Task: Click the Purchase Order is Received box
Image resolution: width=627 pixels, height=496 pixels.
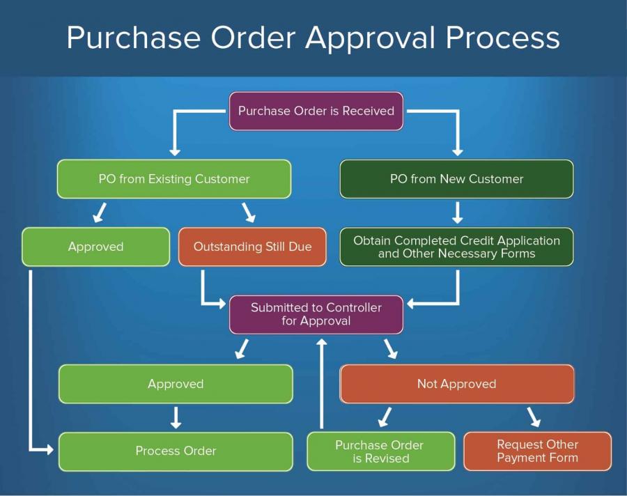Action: [x=316, y=111]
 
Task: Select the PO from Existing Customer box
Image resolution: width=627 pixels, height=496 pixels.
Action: [x=174, y=179]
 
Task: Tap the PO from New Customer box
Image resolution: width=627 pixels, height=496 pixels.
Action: [x=456, y=179]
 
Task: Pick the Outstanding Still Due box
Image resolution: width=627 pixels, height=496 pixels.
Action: [x=252, y=247]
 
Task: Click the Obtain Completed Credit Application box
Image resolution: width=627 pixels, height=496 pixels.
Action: [x=456, y=247]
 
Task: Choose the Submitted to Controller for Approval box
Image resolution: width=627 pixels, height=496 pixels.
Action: [x=316, y=314]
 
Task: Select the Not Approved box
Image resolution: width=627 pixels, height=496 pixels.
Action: [x=456, y=384]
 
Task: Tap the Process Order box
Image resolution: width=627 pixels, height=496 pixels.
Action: [x=176, y=451]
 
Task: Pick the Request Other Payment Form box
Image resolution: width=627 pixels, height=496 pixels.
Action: [x=537, y=451]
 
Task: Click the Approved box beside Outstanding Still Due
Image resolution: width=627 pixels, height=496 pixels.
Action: [x=95, y=247]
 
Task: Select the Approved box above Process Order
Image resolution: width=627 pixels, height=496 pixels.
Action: [x=176, y=384]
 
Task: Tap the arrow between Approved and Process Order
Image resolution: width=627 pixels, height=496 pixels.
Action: [x=176, y=417]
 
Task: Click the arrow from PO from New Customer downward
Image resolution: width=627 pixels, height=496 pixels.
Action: [x=457, y=212]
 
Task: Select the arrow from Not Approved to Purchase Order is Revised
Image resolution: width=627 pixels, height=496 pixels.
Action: [x=384, y=417]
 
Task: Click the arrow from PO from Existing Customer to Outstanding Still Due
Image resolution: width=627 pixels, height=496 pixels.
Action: [x=248, y=212]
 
